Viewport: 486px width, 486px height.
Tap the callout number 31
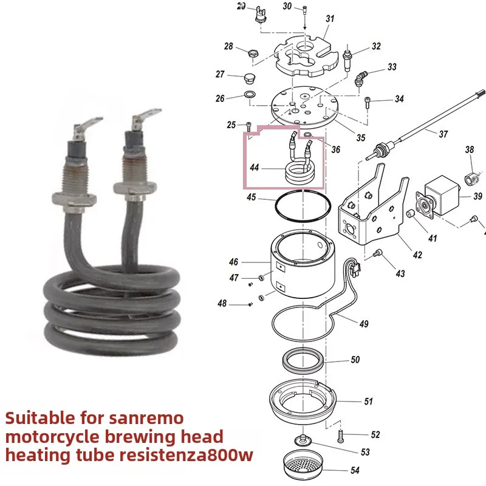pos(329,19)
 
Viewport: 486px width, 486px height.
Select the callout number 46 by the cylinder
pos(233,262)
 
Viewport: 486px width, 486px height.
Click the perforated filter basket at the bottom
pos(307,465)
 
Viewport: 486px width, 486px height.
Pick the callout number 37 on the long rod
pos(443,134)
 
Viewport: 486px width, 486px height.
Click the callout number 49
pos(363,324)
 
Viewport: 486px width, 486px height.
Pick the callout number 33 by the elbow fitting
pos(392,67)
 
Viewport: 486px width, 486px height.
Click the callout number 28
pos(228,47)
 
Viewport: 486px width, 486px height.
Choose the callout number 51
pos(369,402)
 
